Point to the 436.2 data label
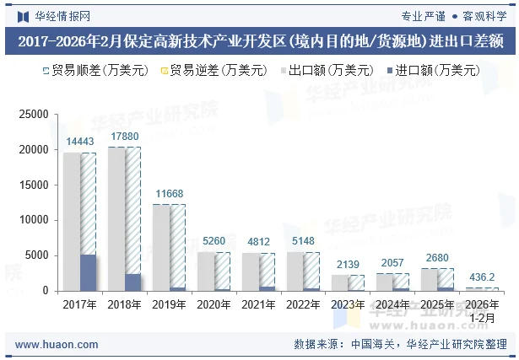pyautogui.click(x=481, y=277)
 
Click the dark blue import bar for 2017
pyautogui.click(x=89, y=272)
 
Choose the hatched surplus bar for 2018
pyautogui.click(x=133, y=210)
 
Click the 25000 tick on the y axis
pyautogui.click(x=33, y=115)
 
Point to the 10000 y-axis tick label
pyautogui.click(x=33, y=220)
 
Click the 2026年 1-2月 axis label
pyautogui.click(x=482, y=310)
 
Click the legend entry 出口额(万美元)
pyautogui.click(x=325, y=71)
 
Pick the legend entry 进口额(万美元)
pyautogui.click(x=432, y=71)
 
